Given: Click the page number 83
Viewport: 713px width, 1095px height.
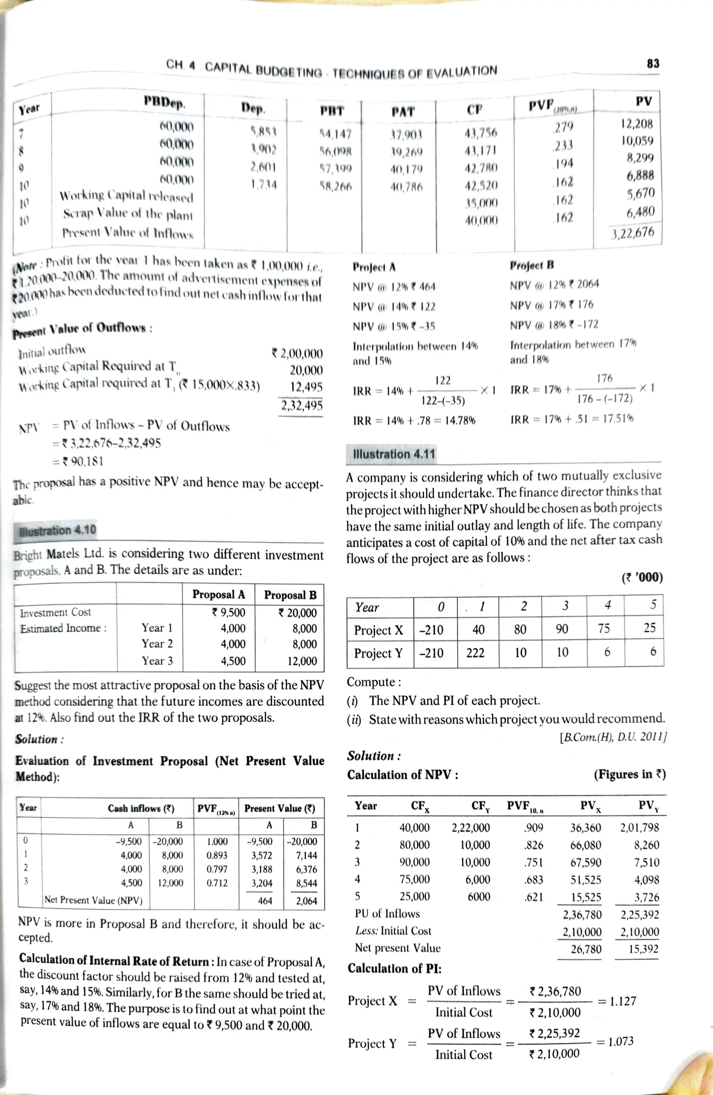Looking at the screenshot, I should point(653,63).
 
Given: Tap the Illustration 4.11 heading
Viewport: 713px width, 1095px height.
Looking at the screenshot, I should point(393,454).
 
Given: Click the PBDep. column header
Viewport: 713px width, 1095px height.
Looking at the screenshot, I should point(164,102).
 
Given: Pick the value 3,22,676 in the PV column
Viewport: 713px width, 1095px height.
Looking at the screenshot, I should point(633,233).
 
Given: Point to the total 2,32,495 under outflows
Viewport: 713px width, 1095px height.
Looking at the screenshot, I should point(301,405).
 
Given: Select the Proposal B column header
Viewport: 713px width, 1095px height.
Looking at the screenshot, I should point(290,595).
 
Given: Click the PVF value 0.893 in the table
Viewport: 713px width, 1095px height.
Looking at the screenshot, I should point(217,855).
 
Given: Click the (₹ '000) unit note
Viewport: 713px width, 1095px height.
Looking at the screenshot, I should point(642,577).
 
